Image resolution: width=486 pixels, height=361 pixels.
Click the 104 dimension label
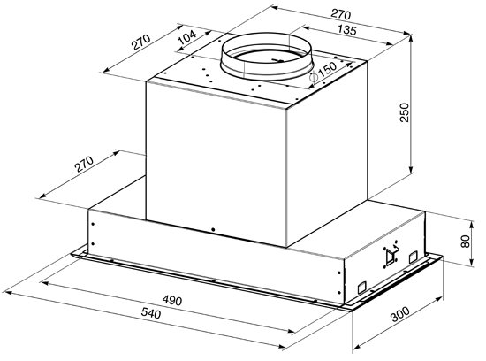pos(187,37)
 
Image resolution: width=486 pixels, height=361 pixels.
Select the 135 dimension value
pos(347,30)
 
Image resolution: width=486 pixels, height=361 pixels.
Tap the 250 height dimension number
pos(405,112)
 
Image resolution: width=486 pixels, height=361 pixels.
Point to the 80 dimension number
pos(465,242)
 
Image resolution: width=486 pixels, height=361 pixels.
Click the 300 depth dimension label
pos(399,314)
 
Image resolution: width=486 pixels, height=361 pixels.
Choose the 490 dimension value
pos(172,300)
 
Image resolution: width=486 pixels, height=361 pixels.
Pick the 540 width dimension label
pos(151,313)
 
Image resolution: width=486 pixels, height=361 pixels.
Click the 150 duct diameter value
pos(327,71)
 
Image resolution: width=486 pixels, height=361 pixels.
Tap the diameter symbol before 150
pos(314,77)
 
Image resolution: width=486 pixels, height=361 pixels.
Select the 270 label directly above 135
pos(340,14)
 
